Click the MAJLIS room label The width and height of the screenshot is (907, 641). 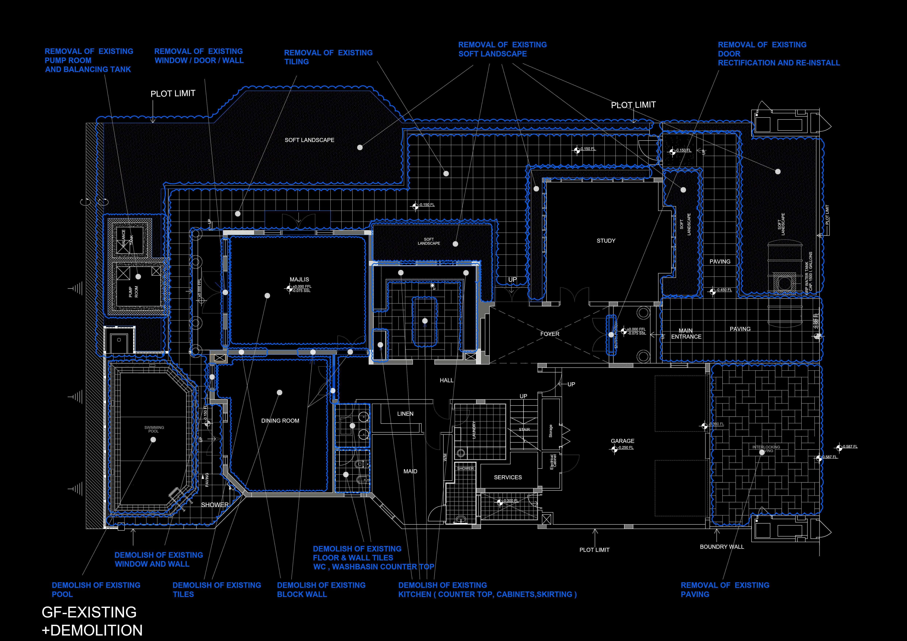pyautogui.click(x=299, y=279)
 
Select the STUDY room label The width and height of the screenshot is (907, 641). pyautogui.click(x=606, y=241)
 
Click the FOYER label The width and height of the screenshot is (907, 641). pyautogui.click(x=549, y=334)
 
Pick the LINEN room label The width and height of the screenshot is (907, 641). pyautogui.click(x=405, y=414)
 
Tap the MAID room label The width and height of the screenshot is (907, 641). pyautogui.click(x=410, y=471)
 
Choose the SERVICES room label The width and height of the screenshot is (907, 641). pyautogui.click(x=508, y=477)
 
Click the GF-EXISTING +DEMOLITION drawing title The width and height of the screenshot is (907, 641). pyautogui.click(x=92, y=621)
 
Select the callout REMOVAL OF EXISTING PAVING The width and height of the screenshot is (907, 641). pyautogui.click(x=725, y=590)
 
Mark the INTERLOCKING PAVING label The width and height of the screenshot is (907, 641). pyautogui.click(x=766, y=449)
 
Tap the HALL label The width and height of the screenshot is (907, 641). pyautogui.click(x=446, y=380)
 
